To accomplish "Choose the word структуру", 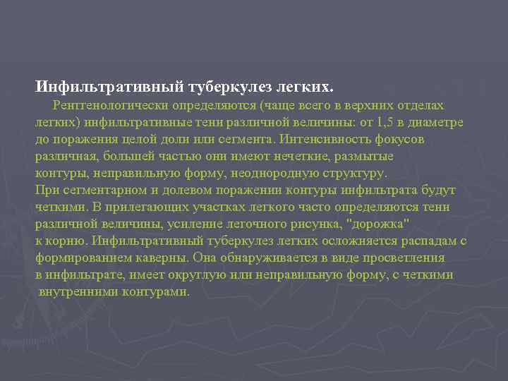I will (349, 173).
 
